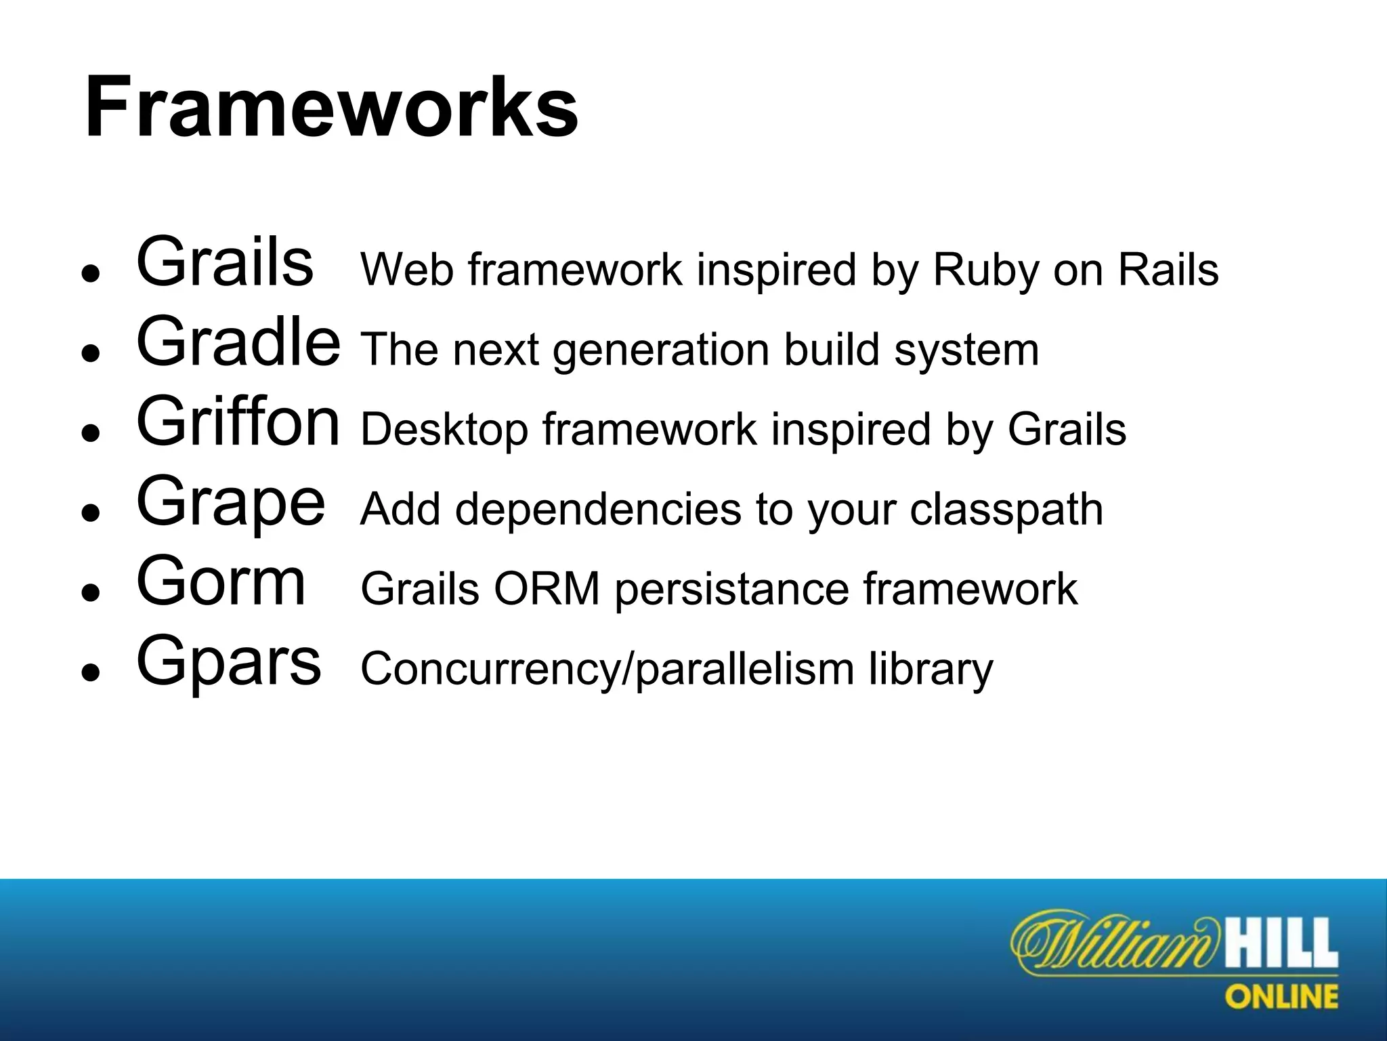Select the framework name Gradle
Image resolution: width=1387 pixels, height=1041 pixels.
(238, 344)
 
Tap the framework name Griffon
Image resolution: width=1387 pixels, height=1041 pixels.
(238, 423)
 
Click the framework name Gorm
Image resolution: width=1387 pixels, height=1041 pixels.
(221, 582)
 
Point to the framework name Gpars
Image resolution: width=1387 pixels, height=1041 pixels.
(228, 661)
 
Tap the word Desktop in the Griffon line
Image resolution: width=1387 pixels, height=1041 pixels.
(444, 430)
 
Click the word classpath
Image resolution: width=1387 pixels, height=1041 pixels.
(1006, 510)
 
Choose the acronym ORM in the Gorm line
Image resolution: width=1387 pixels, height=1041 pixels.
(547, 589)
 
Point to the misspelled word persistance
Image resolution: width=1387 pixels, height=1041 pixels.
(731, 590)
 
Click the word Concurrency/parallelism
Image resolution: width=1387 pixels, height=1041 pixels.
(607, 669)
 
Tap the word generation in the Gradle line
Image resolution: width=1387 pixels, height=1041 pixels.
(662, 350)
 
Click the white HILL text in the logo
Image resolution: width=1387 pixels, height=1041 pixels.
(1281, 943)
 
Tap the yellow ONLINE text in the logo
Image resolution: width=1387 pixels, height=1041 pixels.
(1281, 997)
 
